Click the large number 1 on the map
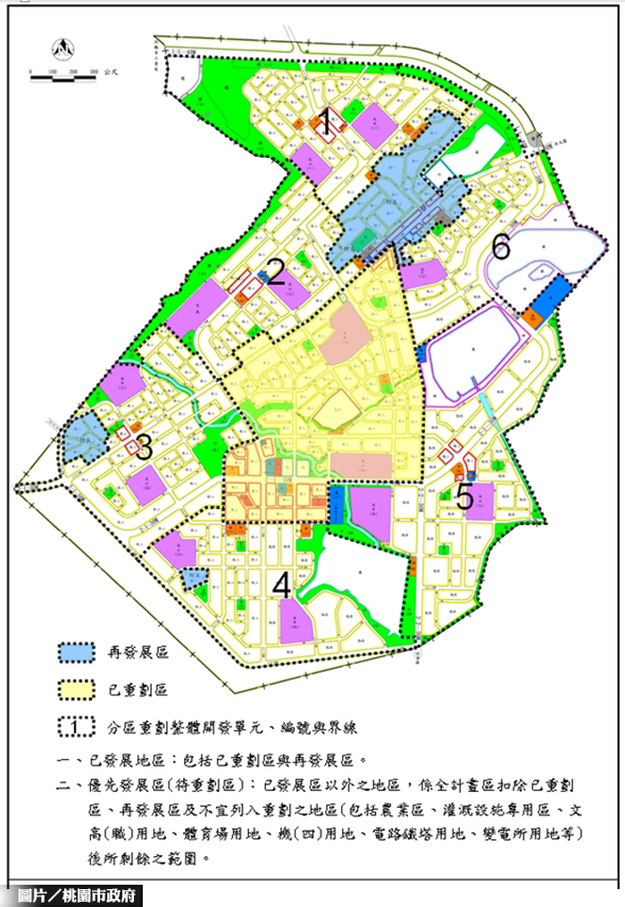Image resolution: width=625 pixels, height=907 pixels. (x=327, y=122)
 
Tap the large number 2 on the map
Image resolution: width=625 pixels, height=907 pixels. (x=276, y=272)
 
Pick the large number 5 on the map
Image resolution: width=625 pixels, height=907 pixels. (x=464, y=495)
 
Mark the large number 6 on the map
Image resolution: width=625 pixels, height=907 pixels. (x=501, y=245)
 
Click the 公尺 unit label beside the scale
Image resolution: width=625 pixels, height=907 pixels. (x=112, y=71)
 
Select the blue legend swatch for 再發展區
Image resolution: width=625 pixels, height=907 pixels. (x=80, y=652)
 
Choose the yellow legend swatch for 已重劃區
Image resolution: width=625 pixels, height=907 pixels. (x=80, y=688)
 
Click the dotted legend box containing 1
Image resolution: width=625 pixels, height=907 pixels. (x=80, y=726)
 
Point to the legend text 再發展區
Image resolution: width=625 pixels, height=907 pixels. (x=137, y=653)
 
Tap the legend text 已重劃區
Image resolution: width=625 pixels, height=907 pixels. (x=137, y=689)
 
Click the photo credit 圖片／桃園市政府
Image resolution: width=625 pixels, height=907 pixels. (x=72, y=895)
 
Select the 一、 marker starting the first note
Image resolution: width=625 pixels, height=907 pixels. (x=63, y=761)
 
